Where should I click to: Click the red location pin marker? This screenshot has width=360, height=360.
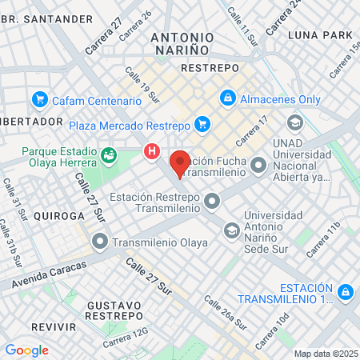click(x=180, y=162)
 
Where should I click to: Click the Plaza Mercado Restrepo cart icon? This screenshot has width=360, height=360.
click(x=202, y=124)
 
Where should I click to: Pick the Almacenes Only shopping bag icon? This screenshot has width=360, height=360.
click(x=227, y=99)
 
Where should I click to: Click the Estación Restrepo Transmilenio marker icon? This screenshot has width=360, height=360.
click(x=212, y=201)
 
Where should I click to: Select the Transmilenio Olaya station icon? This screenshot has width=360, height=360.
click(x=100, y=240)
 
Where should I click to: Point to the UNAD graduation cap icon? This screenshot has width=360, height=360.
click(x=294, y=122)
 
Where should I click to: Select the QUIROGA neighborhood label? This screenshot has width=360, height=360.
click(x=58, y=216)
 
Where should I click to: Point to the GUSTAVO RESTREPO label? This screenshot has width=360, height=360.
click(x=117, y=312)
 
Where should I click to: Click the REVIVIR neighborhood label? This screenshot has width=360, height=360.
click(x=54, y=328)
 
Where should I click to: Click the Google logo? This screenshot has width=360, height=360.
click(x=26, y=350)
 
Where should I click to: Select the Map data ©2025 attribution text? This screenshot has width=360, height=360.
click(x=326, y=354)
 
